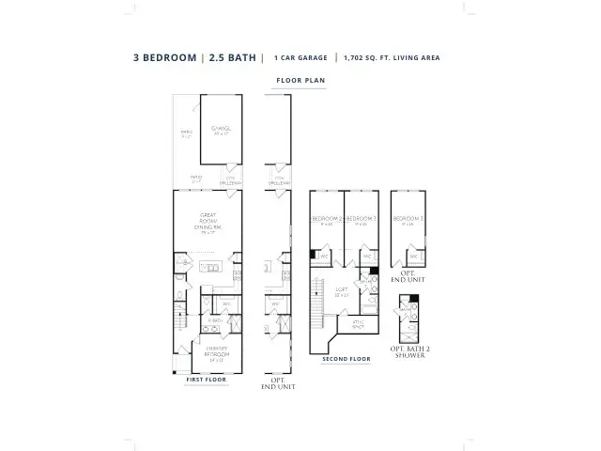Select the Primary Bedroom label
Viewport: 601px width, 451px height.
pyautogui.click(x=217, y=354)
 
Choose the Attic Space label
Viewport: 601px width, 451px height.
pyautogui.click(x=358, y=323)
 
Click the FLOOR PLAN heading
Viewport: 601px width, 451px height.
pyautogui.click(x=300, y=82)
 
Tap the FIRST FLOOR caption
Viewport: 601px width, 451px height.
pyautogui.click(x=206, y=380)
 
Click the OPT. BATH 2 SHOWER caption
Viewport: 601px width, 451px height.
pyautogui.click(x=410, y=351)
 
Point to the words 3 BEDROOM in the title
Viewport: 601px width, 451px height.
pyautogui.click(x=164, y=58)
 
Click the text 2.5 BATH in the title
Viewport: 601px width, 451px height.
pyautogui.click(x=232, y=58)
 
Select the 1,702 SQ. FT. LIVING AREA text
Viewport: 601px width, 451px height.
pyautogui.click(x=392, y=58)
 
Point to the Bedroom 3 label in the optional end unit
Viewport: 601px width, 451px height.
pyautogui.click(x=408, y=220)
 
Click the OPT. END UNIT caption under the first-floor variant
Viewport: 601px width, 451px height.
pyautogui.click(x=278, y=383)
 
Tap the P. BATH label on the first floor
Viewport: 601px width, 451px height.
pyautogui.click(x=215, y=320)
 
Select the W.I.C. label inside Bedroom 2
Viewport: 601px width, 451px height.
pyautogui.click(x=324, y=255)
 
